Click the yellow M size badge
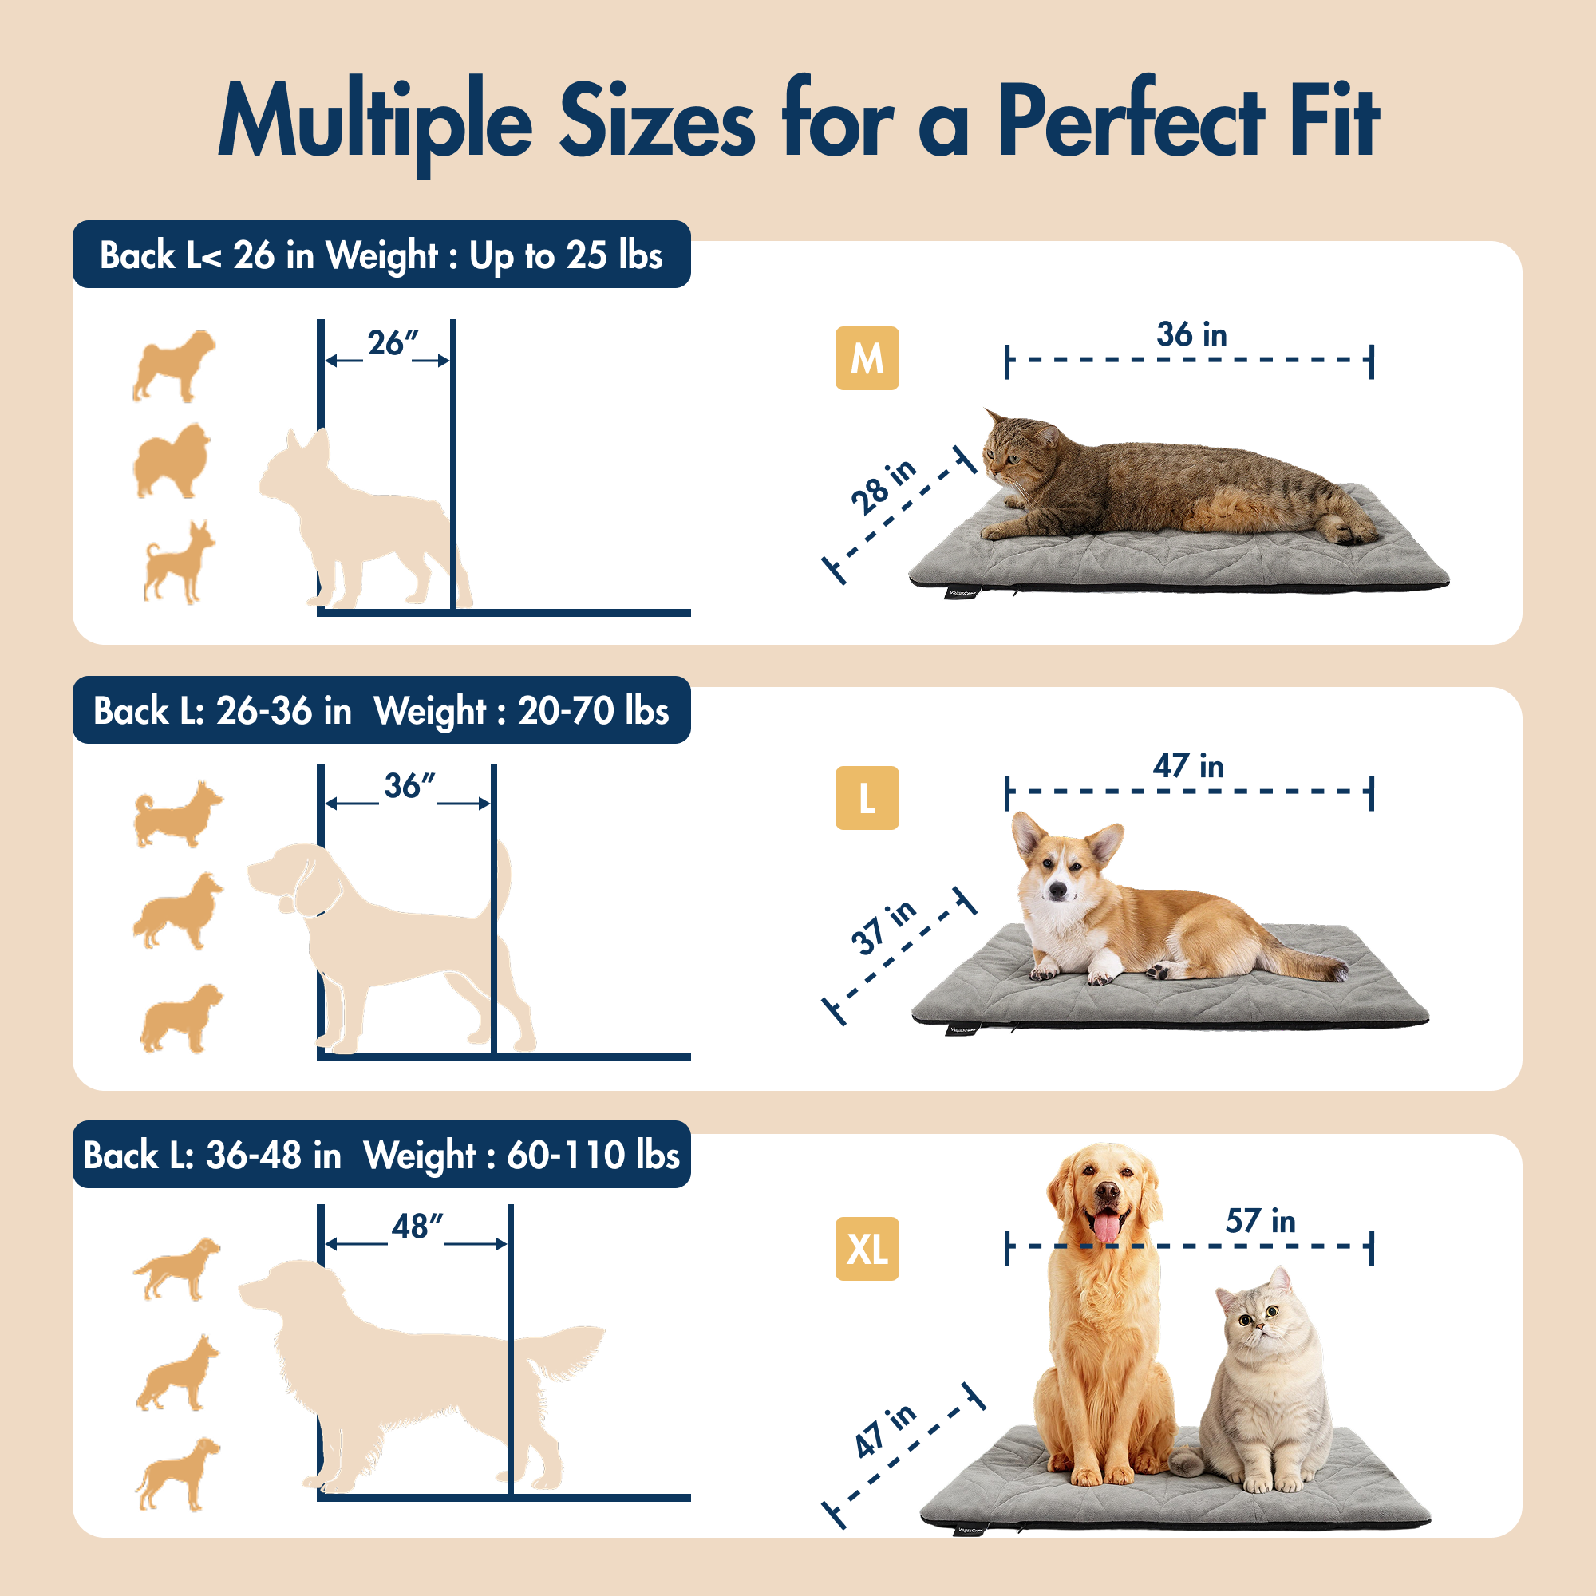(x=867, y=358)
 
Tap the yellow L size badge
(x=867, y=798)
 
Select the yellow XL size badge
(x=867, y=1248)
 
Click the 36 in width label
(x=1191, y=334)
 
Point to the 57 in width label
(x=1260, y=1221)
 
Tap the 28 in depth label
(x=883, y=487)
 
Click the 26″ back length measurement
(x=393, y=343)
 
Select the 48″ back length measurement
(x=417, y=1226)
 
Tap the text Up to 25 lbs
(x=566, y=256)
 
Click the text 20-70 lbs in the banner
(x=592, y=711)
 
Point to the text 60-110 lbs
(x=592, y=1155)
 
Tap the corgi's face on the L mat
(x=1059, y=875)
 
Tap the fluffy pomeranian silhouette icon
(x=172, y=460)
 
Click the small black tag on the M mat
(x=962, y=591)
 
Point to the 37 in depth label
(x=883, y=926)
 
